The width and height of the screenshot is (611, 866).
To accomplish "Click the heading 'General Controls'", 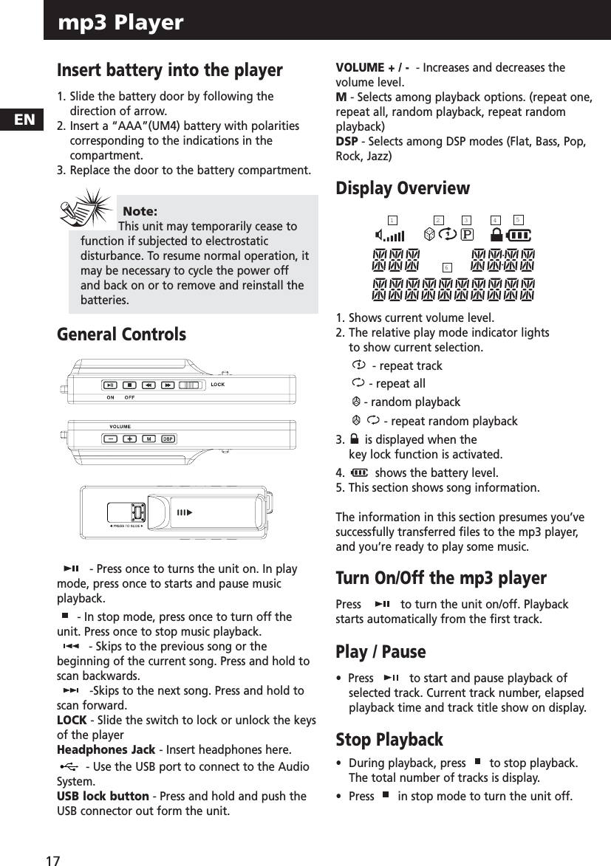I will [x=121, y=334].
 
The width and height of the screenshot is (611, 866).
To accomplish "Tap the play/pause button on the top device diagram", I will [x=110, y=385].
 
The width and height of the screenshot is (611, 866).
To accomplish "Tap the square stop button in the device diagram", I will [x=129, y=385].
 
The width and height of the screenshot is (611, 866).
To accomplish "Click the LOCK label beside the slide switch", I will [x=218, y=385].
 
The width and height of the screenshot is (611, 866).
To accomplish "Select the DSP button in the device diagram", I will [x=168, y=439].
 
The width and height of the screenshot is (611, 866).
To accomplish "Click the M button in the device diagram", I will [x=149, y=439].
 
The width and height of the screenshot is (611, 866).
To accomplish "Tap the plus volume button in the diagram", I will [x=129, y=439].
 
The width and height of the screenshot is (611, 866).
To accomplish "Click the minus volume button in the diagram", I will [x=110, y=439].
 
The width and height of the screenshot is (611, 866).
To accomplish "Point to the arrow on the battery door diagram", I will [x=183, y=512].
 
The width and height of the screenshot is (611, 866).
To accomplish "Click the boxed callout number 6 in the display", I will [x=447, y=267].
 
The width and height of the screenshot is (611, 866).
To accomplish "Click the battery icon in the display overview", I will [x=519, y=235].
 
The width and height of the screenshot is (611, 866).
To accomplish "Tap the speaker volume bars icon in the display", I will [x=389, y=236].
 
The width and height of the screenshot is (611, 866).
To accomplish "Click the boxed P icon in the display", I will [x=467, y=235].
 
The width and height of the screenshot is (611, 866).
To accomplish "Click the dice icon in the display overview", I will [x=430, y=234].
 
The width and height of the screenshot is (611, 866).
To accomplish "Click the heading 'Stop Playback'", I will [x=389, y=740].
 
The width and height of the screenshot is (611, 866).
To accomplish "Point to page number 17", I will [x=52, y=860].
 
